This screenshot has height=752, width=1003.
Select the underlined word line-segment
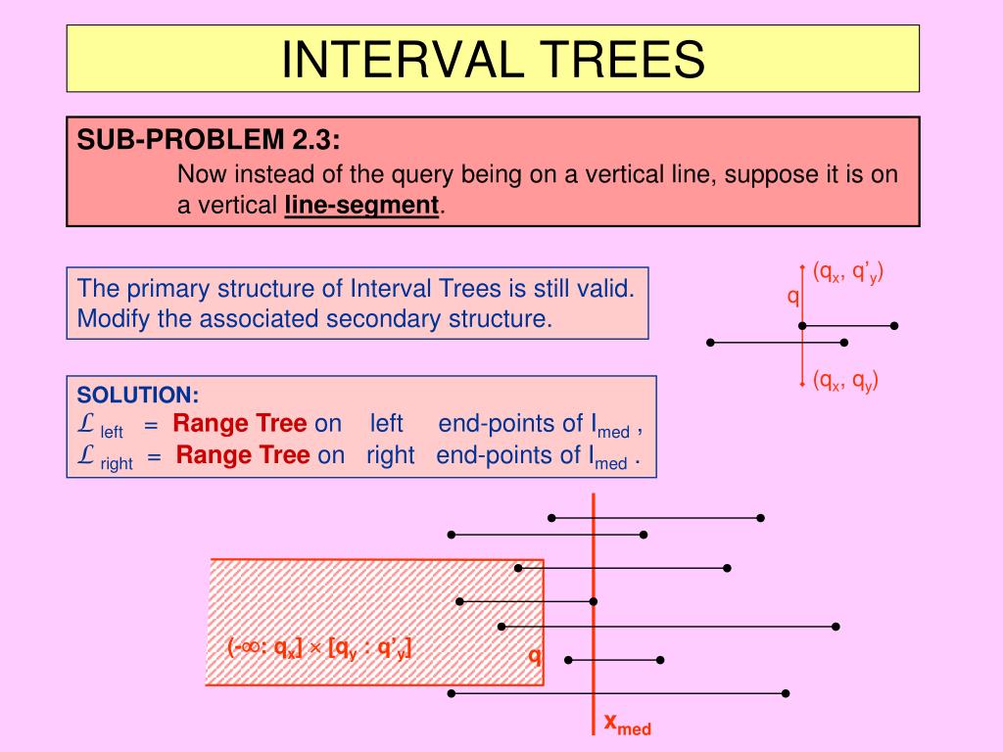tap(362, 206)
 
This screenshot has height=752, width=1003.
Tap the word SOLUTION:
tap(138, 395)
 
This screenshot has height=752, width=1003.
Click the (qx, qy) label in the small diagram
tap(844, 381)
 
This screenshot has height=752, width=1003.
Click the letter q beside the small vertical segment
tap(793, 296)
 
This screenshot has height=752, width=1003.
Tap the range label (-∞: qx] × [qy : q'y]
tap(319, 647)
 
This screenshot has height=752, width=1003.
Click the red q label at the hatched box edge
tap(535, 654)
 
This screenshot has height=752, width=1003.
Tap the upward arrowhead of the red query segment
tap(803, 266)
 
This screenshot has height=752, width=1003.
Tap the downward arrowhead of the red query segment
tap(803, 384)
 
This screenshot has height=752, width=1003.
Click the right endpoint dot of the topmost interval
tap(761, 517)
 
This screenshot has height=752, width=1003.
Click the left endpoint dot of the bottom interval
tap(451, 693)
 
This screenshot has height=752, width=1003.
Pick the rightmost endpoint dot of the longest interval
tap(836, 626)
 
